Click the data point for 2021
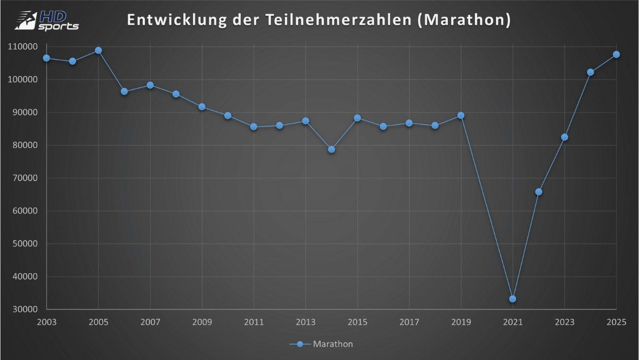click(x=513, y=299)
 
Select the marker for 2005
click(x=99, y=51)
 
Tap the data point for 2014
click(x=331, y=149)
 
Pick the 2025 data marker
click(x=616, y=54)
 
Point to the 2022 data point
click(x=538, y=192)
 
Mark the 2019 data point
click(x=461, y=116)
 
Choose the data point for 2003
click(x=47, y=58)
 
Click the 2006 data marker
click(x=124, y=92)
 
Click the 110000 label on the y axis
click(x=22, y=47)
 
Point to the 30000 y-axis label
click(x=24, y=309)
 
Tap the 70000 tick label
click(x=24, y=178)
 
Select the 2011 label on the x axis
click(x=253, y=322)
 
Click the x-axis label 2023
click(x=564, y=322)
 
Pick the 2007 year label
click(x=150, y=322)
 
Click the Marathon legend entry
click(x=321, y=344)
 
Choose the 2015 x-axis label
click(x=357, y=322)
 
